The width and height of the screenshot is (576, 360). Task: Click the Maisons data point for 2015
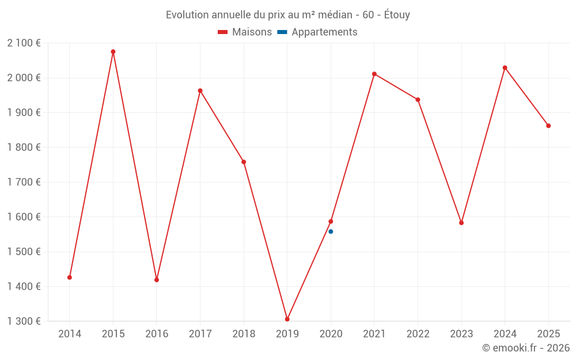[x=113, y=52]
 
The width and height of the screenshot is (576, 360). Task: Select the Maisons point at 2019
[x=287, y=319]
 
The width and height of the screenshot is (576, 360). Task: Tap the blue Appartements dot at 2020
[x=331, y=232]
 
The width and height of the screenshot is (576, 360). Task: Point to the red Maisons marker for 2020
[x=331, y=221]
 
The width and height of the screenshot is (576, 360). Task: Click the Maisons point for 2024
[x=505, y=68]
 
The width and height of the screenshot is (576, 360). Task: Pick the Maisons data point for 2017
[x=200, y=90]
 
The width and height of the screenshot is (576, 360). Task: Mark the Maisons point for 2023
[x=461, y=223]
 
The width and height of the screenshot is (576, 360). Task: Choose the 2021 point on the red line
[x=374, y=74]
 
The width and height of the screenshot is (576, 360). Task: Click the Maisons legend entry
[x=245, y=32]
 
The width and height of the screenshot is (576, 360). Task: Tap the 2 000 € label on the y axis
[x=24, y=78]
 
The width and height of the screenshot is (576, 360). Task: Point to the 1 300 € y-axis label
[x=24, y=321]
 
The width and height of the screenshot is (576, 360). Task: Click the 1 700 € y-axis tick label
[x=24, y=182]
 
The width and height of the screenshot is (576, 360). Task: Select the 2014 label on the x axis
[x=70, y=334]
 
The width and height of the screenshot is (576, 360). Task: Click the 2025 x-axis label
[x=548, y=334]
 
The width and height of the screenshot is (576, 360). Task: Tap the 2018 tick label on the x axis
[x=244, y=334]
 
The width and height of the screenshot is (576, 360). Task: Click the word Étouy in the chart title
[x=397, y=15]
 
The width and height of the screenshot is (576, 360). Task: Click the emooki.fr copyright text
[x=526, y=348]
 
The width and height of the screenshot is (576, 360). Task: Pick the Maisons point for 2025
[x=548, y=126]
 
